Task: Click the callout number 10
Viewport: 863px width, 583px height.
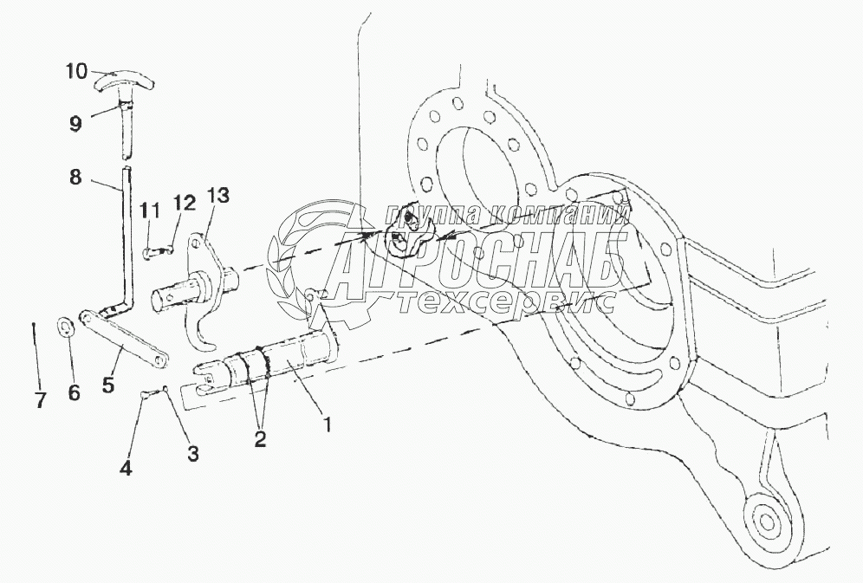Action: coord(76,71)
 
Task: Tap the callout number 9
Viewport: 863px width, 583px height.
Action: coord(76,123)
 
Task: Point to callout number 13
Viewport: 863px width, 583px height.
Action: coord(218,197)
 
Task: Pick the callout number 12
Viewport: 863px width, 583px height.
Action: coord(184,204)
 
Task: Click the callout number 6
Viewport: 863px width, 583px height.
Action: coord(74,392)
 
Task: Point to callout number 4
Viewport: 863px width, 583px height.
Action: coord(127,469)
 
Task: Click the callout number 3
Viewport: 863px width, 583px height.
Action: coord(193,453)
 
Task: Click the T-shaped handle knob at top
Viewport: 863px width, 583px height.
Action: coord(123,82)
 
